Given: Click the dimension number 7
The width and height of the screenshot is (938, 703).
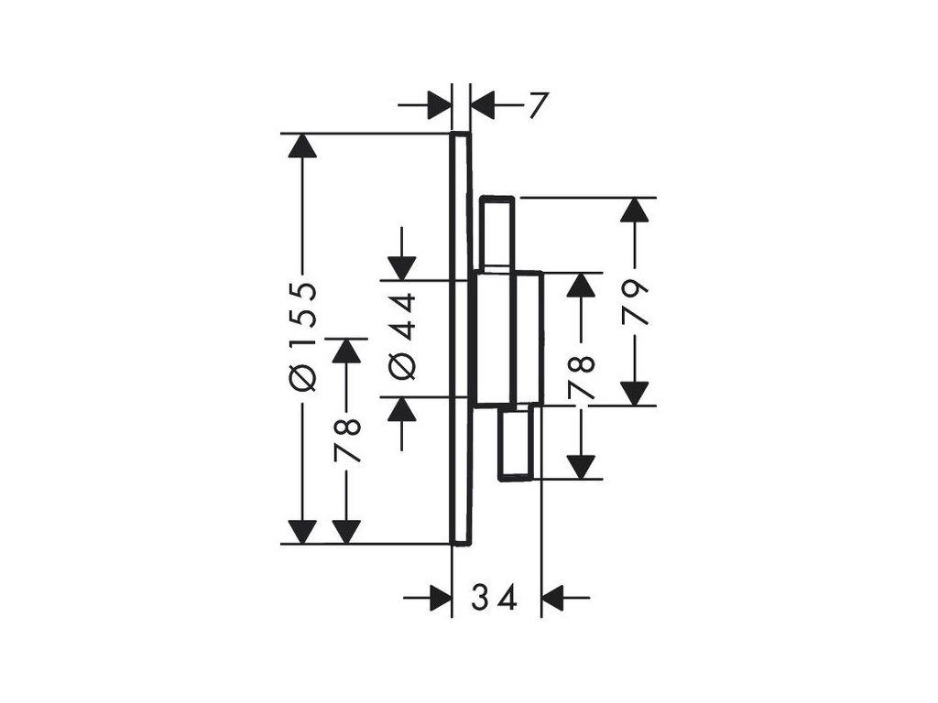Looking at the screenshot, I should click(x=537, y=106).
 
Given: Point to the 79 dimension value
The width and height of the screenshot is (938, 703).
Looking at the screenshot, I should click(x=635, y=303).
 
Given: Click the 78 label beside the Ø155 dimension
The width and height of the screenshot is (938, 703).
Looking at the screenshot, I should click(x=347, y=439).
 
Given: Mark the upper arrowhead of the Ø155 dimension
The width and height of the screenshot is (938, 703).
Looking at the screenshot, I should click(x=301, y=146).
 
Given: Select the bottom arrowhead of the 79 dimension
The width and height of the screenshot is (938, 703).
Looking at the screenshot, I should click(x=634, y=392).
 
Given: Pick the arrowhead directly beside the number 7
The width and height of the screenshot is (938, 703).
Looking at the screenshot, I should click(x=483, y=106).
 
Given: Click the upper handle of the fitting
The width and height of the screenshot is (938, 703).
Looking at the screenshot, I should click(x=498, y=233).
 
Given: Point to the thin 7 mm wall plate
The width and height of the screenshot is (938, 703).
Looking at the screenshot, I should click(x=461, y=338).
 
